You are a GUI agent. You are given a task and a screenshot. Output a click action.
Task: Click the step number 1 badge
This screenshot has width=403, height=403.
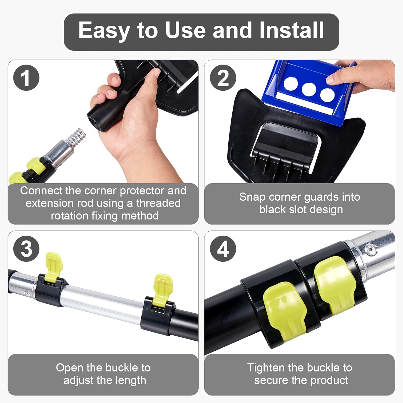[x=26, y=78]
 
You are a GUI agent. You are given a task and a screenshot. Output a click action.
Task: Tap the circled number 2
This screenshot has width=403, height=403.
[x=223, y=78]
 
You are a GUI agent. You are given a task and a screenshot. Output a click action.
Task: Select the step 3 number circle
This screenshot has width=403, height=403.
[x=26, y=249]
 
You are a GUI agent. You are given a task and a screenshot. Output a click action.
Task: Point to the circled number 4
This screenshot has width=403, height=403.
[x=223, y=249]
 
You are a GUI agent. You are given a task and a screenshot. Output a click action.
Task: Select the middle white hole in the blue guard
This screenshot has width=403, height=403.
[x=309, y=90]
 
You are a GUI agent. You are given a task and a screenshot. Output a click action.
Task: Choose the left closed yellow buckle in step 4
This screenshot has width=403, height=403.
[x=285, y=309]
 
